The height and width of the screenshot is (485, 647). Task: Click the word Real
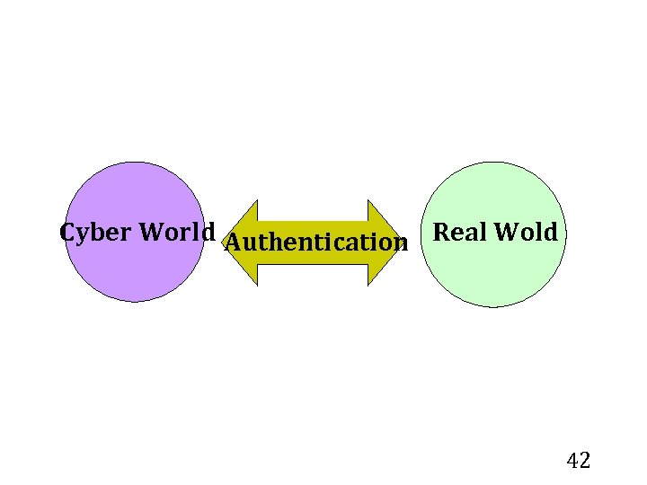(459, 233)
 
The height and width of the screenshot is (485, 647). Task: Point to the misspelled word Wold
(526, 233)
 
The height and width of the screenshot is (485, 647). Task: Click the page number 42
(579, 462)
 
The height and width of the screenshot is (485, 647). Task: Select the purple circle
(135, 269)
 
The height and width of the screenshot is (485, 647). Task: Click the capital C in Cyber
(66, 232)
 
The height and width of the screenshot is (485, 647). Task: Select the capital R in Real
(441, 233)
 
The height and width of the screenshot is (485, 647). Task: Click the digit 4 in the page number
(572, 462)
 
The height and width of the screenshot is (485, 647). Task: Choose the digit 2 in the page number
(585, 462)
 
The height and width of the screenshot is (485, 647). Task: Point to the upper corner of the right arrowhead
(368, 199)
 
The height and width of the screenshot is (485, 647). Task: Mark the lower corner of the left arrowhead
(258, 285)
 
